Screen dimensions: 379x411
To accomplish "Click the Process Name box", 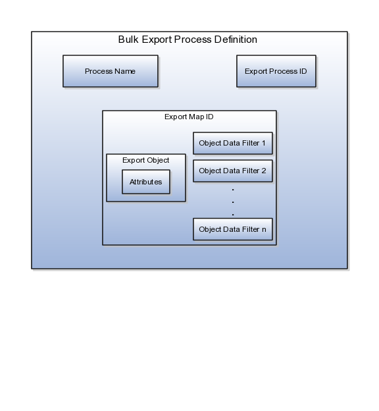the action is coord(111,71).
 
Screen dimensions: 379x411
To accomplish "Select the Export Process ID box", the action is coord(276,71).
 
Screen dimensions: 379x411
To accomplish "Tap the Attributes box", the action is coord(146,182).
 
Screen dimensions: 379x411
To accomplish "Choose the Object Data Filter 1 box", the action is coord(233,143).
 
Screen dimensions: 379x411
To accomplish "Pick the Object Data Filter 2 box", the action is coord(233,171).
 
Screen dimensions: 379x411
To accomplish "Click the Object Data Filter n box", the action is coord(233,229).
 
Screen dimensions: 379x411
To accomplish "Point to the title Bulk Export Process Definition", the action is coord(188,40).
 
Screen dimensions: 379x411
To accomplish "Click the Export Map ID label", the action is coord(189,117).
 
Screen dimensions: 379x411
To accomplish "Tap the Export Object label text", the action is coord(145,160).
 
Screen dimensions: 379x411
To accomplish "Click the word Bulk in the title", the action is coord(128,40).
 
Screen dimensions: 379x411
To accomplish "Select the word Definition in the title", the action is coord(236,40).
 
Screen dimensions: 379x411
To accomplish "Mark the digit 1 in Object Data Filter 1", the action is coord(263,143).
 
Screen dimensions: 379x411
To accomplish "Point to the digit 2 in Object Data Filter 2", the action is coord(264,171).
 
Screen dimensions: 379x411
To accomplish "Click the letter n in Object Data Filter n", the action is coord(264,230).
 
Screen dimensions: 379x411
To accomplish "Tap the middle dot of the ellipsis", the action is coord(233,202).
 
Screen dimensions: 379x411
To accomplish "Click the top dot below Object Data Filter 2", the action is coord(233,190).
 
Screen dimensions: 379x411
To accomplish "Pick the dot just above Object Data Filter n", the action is coord(233,215).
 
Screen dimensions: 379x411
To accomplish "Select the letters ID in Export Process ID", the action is coord(303,71).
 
